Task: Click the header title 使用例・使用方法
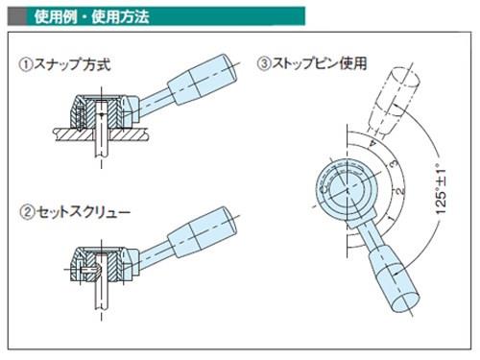(91, 16)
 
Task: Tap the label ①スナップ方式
(64, 64)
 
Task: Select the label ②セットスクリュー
(75, 212)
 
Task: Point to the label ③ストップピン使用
(312, 63)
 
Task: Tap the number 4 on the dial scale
(372, 143)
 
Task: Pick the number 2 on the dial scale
(399, 191)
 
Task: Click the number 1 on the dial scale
(391, 218)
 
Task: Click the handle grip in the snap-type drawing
(203, 80)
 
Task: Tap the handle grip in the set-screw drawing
(203, 232)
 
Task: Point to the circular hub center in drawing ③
(347, 191)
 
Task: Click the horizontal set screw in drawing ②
(90, 270)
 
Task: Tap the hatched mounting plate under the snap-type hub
(101, 134)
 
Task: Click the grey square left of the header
(16, 16)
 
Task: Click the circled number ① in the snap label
(26, 64)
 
